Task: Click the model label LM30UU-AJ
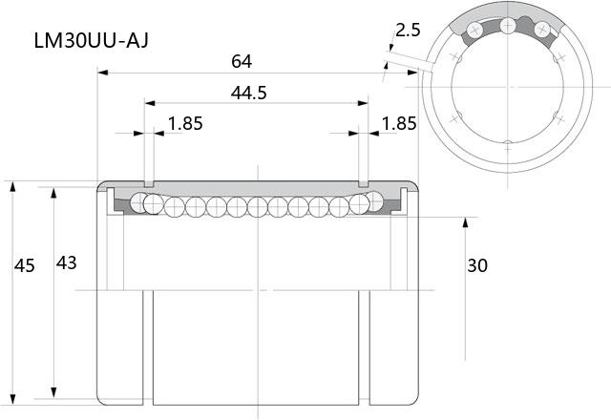pos(92,40)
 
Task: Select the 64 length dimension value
pos(242,61)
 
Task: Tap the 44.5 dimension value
pos(248,93)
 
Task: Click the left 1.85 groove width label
pos(185,123)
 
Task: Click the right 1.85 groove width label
pos(399,123)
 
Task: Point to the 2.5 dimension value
pos(408,30)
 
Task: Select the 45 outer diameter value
pos(25,265)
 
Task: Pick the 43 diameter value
pos(66,263)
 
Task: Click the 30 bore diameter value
pos(477,265)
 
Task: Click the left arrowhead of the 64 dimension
pos(102,73)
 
